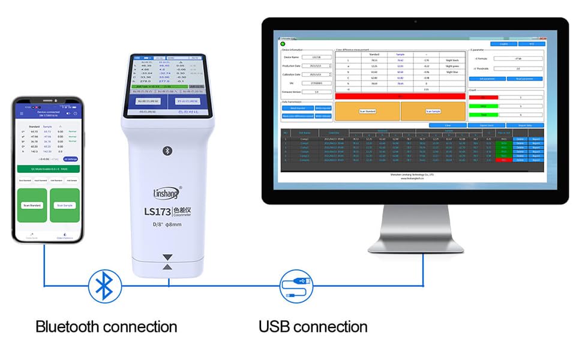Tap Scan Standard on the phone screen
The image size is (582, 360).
click(32, 205)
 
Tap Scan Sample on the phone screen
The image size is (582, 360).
click(64, 205)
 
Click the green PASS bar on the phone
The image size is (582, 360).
click(48, 169)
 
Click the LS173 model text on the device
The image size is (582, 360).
click(157, 211)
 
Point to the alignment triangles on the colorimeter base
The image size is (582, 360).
click(167, 262)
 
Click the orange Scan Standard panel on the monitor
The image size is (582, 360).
click(367, 111)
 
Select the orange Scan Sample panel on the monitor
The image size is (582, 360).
click(433, 111)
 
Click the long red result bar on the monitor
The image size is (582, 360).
click(400, 96)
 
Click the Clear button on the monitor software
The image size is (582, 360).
click(448, 125)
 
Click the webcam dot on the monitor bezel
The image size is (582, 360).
click(415, 22)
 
